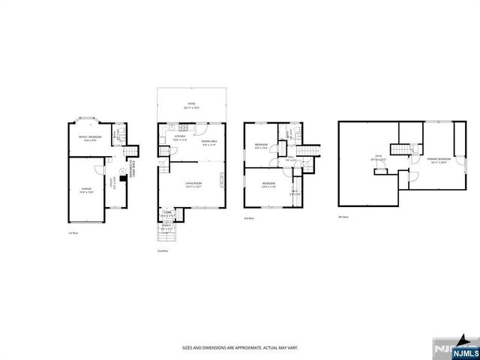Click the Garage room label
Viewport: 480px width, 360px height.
coord(85,190)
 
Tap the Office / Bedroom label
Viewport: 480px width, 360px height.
coord(89,138)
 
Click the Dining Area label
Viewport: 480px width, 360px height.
coord(208,143)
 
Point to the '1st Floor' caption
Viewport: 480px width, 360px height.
coord(73,233)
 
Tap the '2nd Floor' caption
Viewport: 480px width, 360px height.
coord(162,250)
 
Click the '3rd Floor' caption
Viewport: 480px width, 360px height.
coord(249,217)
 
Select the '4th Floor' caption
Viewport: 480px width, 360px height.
coord(343,217)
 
